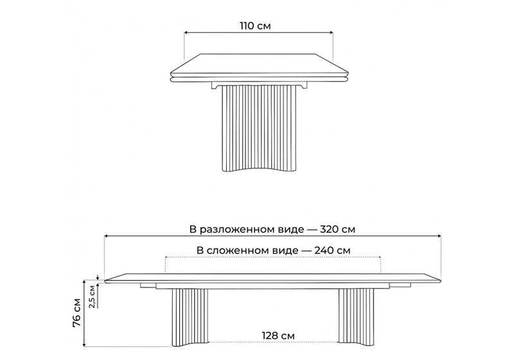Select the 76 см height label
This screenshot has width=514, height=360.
pyautogui.click(x=76, y=311)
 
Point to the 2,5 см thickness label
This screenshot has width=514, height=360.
pyautogui.click(x=93, y=296)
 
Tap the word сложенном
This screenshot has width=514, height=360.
pyautogui.click(x=236, y=250)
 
